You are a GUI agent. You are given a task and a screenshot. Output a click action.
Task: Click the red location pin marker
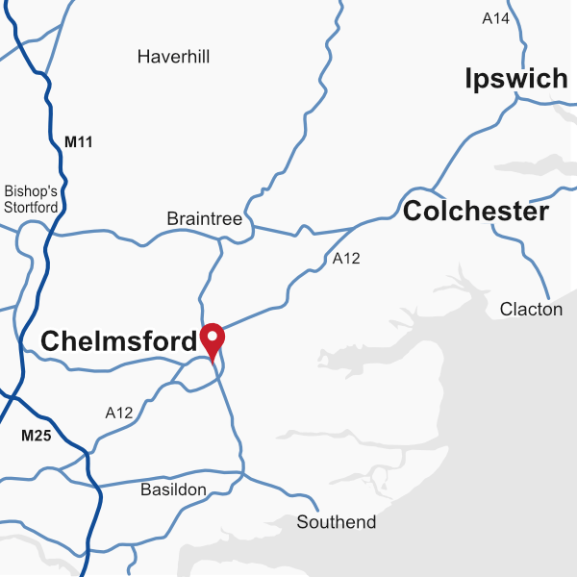(212, 340)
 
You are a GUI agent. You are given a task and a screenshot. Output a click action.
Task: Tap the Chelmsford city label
(118, 340)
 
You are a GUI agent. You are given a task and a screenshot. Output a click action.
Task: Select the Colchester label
(476, 212)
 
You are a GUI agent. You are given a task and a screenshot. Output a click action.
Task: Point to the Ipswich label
(515, 79)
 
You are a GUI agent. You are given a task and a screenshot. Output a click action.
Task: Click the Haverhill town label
(173, 57)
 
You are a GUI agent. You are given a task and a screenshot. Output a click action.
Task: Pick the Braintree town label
(205, 219)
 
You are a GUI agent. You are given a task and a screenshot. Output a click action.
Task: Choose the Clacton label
(531, 309)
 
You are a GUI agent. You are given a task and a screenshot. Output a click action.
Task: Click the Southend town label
(337, 522)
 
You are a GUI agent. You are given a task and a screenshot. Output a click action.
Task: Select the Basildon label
(173, 490)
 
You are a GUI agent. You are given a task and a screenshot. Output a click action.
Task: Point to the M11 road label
(79, 142)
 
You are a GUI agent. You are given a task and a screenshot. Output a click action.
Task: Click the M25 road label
(36, 436)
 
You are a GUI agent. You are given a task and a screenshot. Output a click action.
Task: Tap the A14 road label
(495, 18)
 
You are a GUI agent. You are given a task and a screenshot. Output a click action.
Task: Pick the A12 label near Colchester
(346, 258)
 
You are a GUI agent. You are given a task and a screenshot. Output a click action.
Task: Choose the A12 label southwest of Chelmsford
(119, 414)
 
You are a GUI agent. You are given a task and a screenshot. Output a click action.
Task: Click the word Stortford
(32, 207)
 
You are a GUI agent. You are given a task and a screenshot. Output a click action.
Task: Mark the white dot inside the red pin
(212, 337)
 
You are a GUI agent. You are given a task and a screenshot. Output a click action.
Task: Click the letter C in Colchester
(413, 212)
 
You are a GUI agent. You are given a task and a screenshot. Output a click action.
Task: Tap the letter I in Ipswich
(468, 79)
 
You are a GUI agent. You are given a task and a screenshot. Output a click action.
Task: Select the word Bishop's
(32, 191)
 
